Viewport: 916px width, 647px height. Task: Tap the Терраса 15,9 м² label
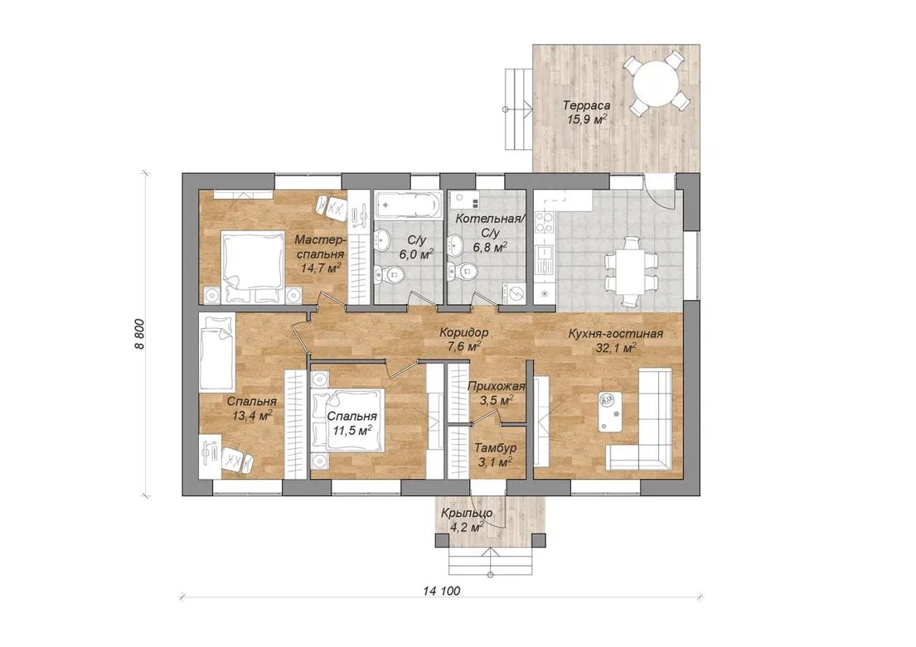point(587,113)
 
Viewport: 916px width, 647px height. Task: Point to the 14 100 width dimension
point(442,591)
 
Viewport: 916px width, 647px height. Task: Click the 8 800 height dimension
point(139,335)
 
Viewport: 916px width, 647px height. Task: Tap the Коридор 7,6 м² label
point(463,340)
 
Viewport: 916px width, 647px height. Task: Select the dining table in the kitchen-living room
point(630,271)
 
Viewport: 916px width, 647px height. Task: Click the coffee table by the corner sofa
point(610,411)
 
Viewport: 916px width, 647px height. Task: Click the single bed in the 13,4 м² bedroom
point(217,352)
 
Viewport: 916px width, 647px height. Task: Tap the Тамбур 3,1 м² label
point(495,454)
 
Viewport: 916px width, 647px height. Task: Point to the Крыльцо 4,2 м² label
point(467,519)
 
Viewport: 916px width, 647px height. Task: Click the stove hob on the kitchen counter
point(545,223)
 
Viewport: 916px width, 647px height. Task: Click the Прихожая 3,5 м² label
point(496,393)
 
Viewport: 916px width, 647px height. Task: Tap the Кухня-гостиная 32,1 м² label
point(616,340)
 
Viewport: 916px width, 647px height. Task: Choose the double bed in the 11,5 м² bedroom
point(348,420)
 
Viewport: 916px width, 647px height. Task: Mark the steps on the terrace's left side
point(518,109)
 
